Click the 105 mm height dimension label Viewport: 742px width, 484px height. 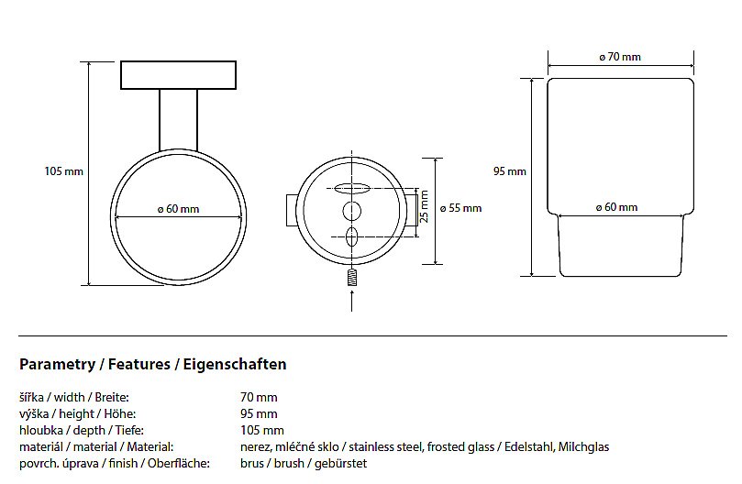click(x=63, y=170)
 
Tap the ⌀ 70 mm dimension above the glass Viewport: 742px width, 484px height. click(x=620, y=57)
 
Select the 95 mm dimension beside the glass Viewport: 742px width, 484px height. click(x=509, y=170)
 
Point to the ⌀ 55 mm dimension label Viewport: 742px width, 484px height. click(x=461, y=208)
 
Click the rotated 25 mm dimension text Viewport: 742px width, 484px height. click(x=424, y=212)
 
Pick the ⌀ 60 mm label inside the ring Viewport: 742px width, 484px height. click(x=178, y=209)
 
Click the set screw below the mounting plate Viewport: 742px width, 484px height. click(x=351, y=277)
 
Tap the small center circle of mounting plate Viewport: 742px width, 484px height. click(x=351, y=212)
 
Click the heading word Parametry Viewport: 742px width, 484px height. click(x=56, y=365)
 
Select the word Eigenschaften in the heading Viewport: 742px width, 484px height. click(x=236, y=365)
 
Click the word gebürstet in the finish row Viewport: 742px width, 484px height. click(x=341, y=464)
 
